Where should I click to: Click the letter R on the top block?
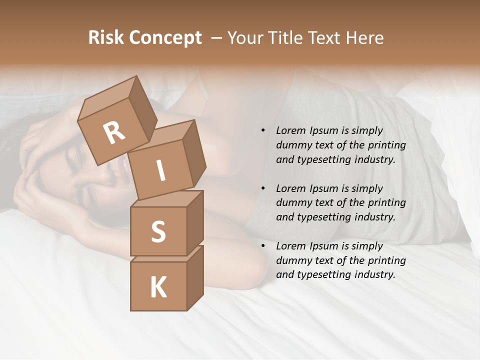[x=114, y=132]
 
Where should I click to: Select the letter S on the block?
[x=158, y=231]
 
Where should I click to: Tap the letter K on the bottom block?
[x=158, y=287]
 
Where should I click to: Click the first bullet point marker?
[x=263, y=130]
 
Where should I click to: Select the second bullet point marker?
[x=263, y=188]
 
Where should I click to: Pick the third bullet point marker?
[x=263, y=246]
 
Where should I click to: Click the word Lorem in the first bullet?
[x=290, y=130]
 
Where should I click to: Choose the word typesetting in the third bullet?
[x=320, y=274]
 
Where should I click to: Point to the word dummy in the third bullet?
[x=291, y=260]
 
